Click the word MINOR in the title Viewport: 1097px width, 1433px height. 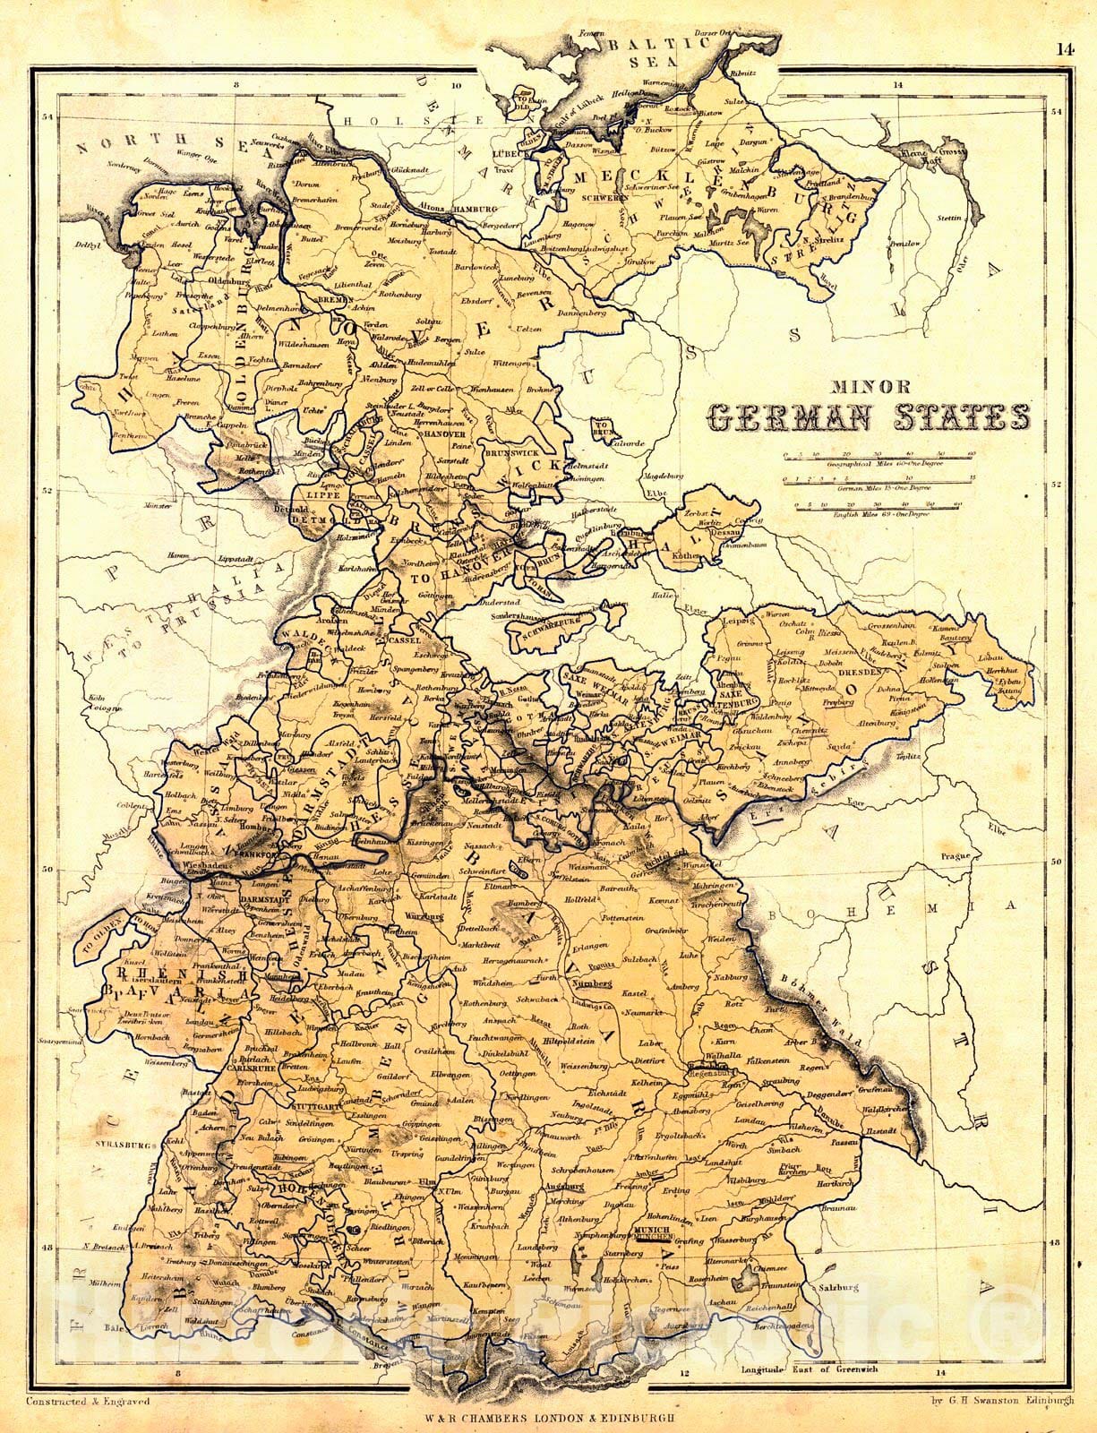click(870, 388)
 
